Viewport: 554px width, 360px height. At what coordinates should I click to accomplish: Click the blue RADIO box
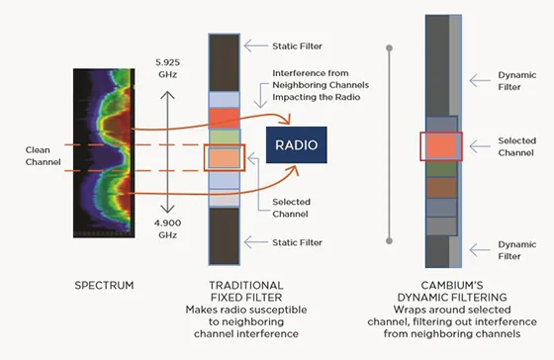pyautogui.click(x=297, y=144)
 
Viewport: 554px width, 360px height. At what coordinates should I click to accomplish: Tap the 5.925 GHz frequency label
pyautogui.click(x=167, y=68)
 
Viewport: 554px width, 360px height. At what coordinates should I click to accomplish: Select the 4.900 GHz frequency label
pyautogui.click(x=167, y=228)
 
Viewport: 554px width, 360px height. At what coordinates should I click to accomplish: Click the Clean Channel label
pyautogui.click(x=44, y=156)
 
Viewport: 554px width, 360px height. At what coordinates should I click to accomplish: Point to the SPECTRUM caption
pyautogui.click(x=104, y=286)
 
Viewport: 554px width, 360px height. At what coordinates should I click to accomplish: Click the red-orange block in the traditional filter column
pyautogui.click(x=225, y=119)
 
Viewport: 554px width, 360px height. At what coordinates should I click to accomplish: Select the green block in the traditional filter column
pyautogui.click(x=225, y=137)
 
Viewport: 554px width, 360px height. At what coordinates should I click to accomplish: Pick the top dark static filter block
pyautogui.click(x=225, y=63)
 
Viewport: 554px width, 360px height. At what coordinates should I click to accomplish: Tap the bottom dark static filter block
pyautogui.click(x=225, y=236)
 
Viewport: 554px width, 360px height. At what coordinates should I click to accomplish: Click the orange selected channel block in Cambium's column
pyautogui.click(x=441, y=146)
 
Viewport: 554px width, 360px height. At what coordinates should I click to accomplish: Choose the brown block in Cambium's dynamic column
pyautogui.click(x=441, y=188)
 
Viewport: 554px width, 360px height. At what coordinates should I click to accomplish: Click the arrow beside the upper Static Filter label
pyautogui.click(x=256, y=45)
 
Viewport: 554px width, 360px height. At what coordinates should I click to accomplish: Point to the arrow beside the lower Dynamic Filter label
pyautogui.click(x=480, y=250)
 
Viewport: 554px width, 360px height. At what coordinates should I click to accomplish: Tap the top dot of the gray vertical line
pyautogui.click(x=390, y=48)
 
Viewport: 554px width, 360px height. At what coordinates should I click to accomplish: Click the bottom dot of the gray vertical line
pyautogui.click(x=390, y=241)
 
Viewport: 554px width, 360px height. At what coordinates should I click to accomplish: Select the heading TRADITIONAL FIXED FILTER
pyautogui.click(x=246, y=292)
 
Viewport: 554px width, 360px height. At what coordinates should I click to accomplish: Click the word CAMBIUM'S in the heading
pyautogui.click(x=452, y=286)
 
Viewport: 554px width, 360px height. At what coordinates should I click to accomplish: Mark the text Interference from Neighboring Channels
pyautogui.click(x=321, y=79)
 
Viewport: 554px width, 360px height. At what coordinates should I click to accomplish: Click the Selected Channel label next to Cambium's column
pyautogui.click(x=516, y=146)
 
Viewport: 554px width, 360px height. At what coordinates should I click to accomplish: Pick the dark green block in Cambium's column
pyautogui.click(x=441, y=169)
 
